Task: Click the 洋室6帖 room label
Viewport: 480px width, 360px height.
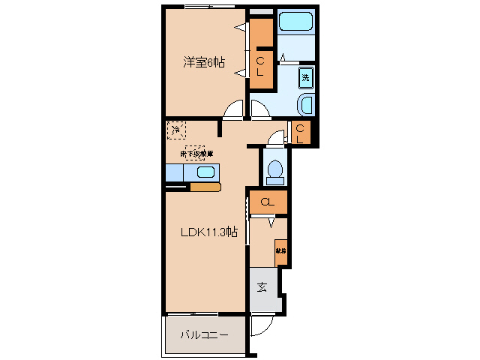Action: [204, 63]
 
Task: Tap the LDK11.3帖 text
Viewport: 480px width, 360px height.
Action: [208, 232]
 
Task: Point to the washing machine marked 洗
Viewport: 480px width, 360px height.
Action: [305, 76]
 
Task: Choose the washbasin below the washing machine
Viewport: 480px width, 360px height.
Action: [306, 103]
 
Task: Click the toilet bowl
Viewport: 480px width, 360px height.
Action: [274, 170]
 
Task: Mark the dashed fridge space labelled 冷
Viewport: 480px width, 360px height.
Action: [175, 130]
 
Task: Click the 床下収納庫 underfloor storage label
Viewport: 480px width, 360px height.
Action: [196, 153]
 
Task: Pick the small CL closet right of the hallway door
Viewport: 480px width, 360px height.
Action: [300, 133]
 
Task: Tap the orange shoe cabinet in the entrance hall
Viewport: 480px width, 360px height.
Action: [280, 251]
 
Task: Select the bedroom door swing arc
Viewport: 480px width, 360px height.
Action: [234, 110]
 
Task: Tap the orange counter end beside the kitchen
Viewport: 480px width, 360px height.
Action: [204, 187]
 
